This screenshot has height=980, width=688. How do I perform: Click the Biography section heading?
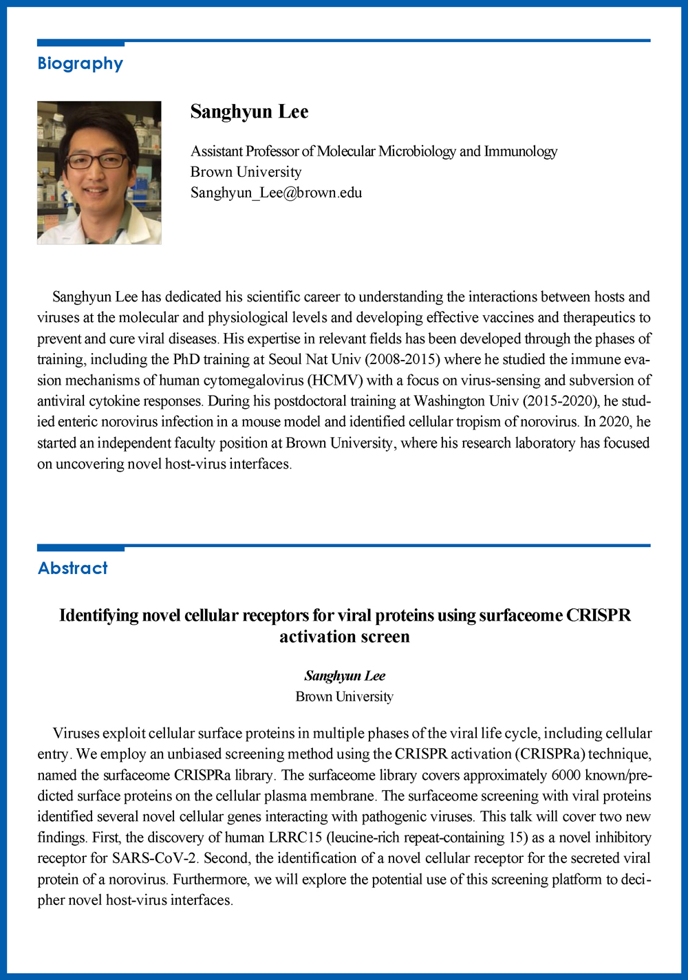[x=80, y=63]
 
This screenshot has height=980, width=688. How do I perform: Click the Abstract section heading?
[x=72, y=568]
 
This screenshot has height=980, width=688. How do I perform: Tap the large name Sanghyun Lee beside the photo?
[x=249, y=111]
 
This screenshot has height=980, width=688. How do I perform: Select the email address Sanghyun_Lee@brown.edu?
[x=276, y=193]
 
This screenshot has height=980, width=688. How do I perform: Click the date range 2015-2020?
[x=561, y=401]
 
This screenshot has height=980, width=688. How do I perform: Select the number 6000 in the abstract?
[x=566, y=775]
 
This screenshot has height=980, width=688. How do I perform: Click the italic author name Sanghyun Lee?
[x=345, y=676]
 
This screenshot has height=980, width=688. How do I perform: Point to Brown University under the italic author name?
[x=345, y=696]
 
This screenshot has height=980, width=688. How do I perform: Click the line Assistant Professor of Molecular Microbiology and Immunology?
[x=374, y=151]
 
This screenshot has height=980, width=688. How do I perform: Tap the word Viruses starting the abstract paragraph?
[x=76, y=734]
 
